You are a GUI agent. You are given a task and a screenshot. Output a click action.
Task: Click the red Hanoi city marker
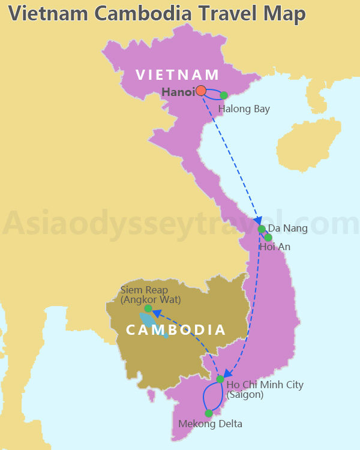click(x=201, y=91)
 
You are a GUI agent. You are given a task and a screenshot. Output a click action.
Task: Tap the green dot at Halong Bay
click(x=224, y=95)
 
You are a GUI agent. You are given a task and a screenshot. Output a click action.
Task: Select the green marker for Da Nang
click(x=261, y=229)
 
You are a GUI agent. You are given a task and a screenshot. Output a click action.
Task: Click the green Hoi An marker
click(x=268, y=238)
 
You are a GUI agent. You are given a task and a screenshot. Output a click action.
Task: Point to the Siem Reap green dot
click(x=148, y=308)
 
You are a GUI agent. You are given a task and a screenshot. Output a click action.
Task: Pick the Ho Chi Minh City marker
click(x=220, y=379)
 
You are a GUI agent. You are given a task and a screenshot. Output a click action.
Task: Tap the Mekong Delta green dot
click(x=209, y=413)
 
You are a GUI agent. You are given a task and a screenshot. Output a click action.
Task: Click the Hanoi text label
click(x=178, y=92)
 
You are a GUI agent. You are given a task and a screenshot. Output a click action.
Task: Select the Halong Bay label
click(x=244, y=109)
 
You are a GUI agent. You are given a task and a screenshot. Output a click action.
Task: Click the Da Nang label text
click(x=287, y=229)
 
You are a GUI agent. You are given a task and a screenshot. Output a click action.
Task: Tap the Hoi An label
click(x=274, y=247)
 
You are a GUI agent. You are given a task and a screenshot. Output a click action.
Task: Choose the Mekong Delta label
click(x=211, y=424)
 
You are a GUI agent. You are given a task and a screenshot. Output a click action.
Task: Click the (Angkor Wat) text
click(x=151, y=299)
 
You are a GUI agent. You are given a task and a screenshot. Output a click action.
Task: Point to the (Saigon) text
click(x=245, y=395)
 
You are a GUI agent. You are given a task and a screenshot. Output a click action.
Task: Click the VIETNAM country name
click(x=178, y=75)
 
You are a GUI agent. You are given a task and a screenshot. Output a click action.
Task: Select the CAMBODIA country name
click(x=176, y=330)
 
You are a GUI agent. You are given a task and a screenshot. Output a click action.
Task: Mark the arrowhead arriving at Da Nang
click(x=258, y=220)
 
